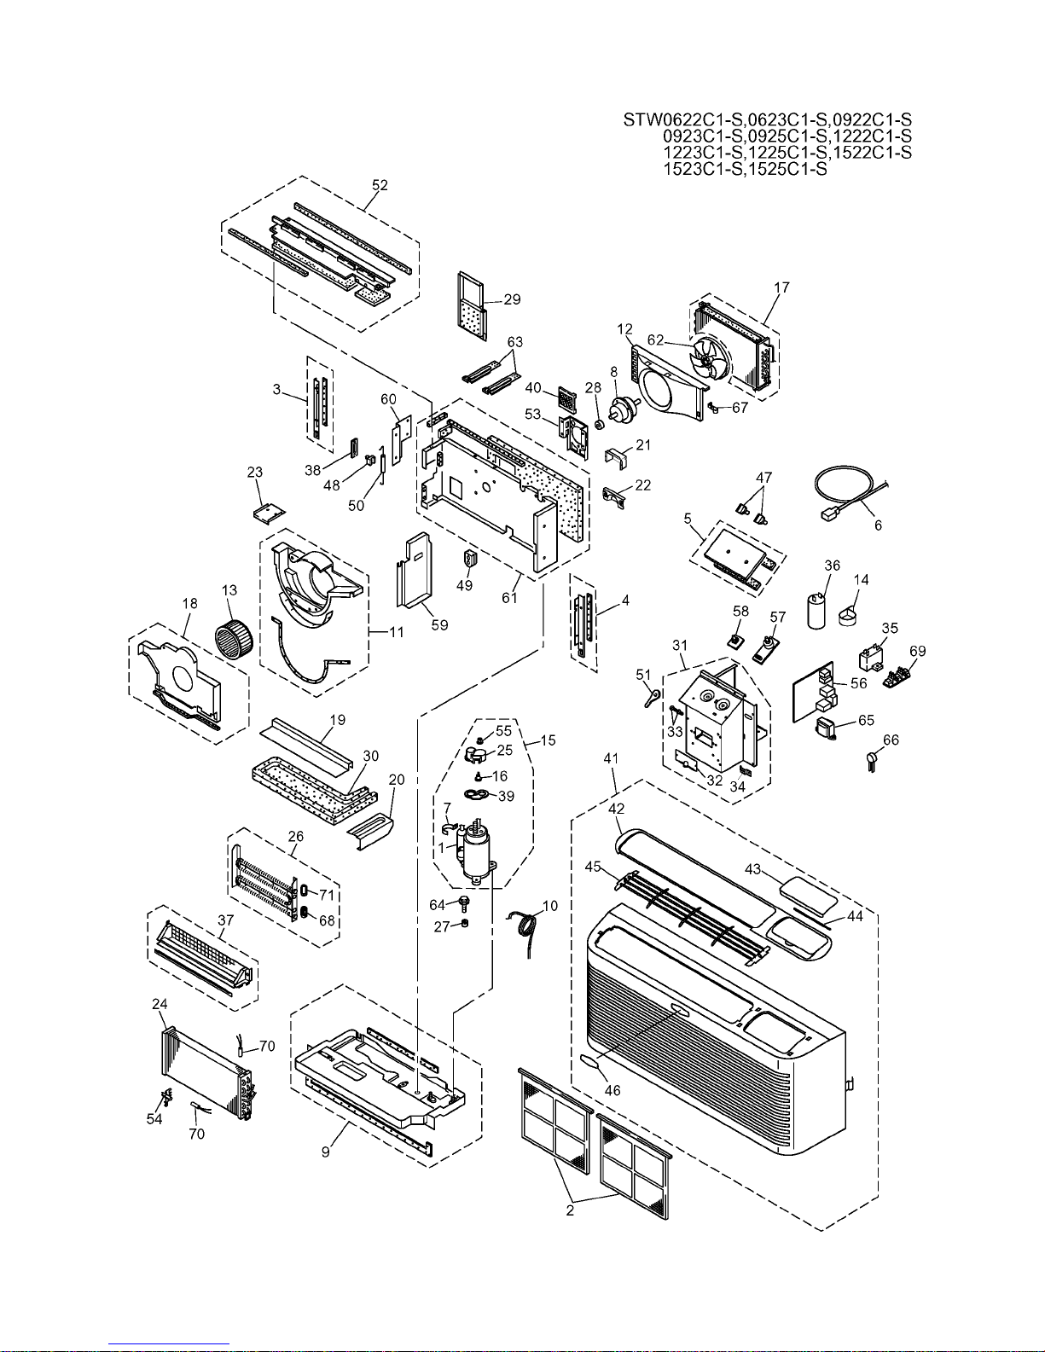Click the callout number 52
pos(380,185)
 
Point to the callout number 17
pos(782,287)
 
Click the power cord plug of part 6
pos(827,514)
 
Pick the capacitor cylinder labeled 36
pos(817,612)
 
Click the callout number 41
pos(611,758)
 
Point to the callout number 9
pos(325,1152)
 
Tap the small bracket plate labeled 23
pos(269,513)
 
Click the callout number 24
pos(160,1004)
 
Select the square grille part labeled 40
pos(566,399)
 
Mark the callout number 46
pos(612,1090)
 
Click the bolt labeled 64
pos(462,901)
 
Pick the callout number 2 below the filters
pos(570,1210)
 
